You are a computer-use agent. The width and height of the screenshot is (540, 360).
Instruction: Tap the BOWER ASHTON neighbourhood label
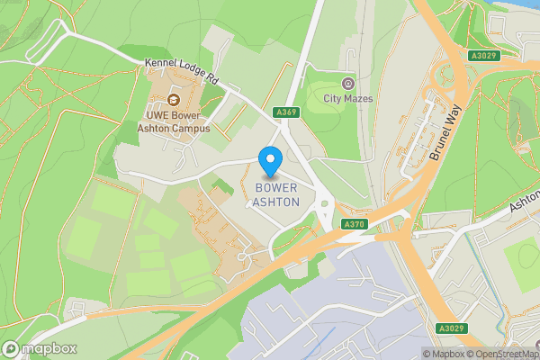pos(277,194)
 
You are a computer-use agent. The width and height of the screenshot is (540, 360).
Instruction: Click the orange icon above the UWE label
pos(174,99)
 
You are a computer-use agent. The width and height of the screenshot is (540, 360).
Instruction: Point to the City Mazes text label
pos(348,99)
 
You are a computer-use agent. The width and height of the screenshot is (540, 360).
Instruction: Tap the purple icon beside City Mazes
pos(348,83)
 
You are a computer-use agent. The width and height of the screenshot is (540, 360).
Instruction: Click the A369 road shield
pos(286,112)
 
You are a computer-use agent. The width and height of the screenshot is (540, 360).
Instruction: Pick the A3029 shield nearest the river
pos(482,56)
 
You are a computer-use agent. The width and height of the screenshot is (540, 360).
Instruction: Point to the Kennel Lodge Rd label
pos(183,72)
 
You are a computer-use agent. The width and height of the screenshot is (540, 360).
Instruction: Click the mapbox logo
pos(40,348)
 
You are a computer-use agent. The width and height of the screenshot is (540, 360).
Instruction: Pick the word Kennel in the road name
pos(159,67)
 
